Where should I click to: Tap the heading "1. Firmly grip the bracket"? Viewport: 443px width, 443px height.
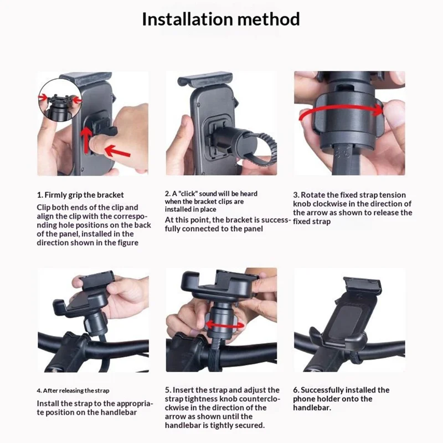(x=80, y=195)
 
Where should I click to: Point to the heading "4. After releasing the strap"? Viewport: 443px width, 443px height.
(x=73, y=390)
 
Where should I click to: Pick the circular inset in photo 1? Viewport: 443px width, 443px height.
(x=60, y=100)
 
